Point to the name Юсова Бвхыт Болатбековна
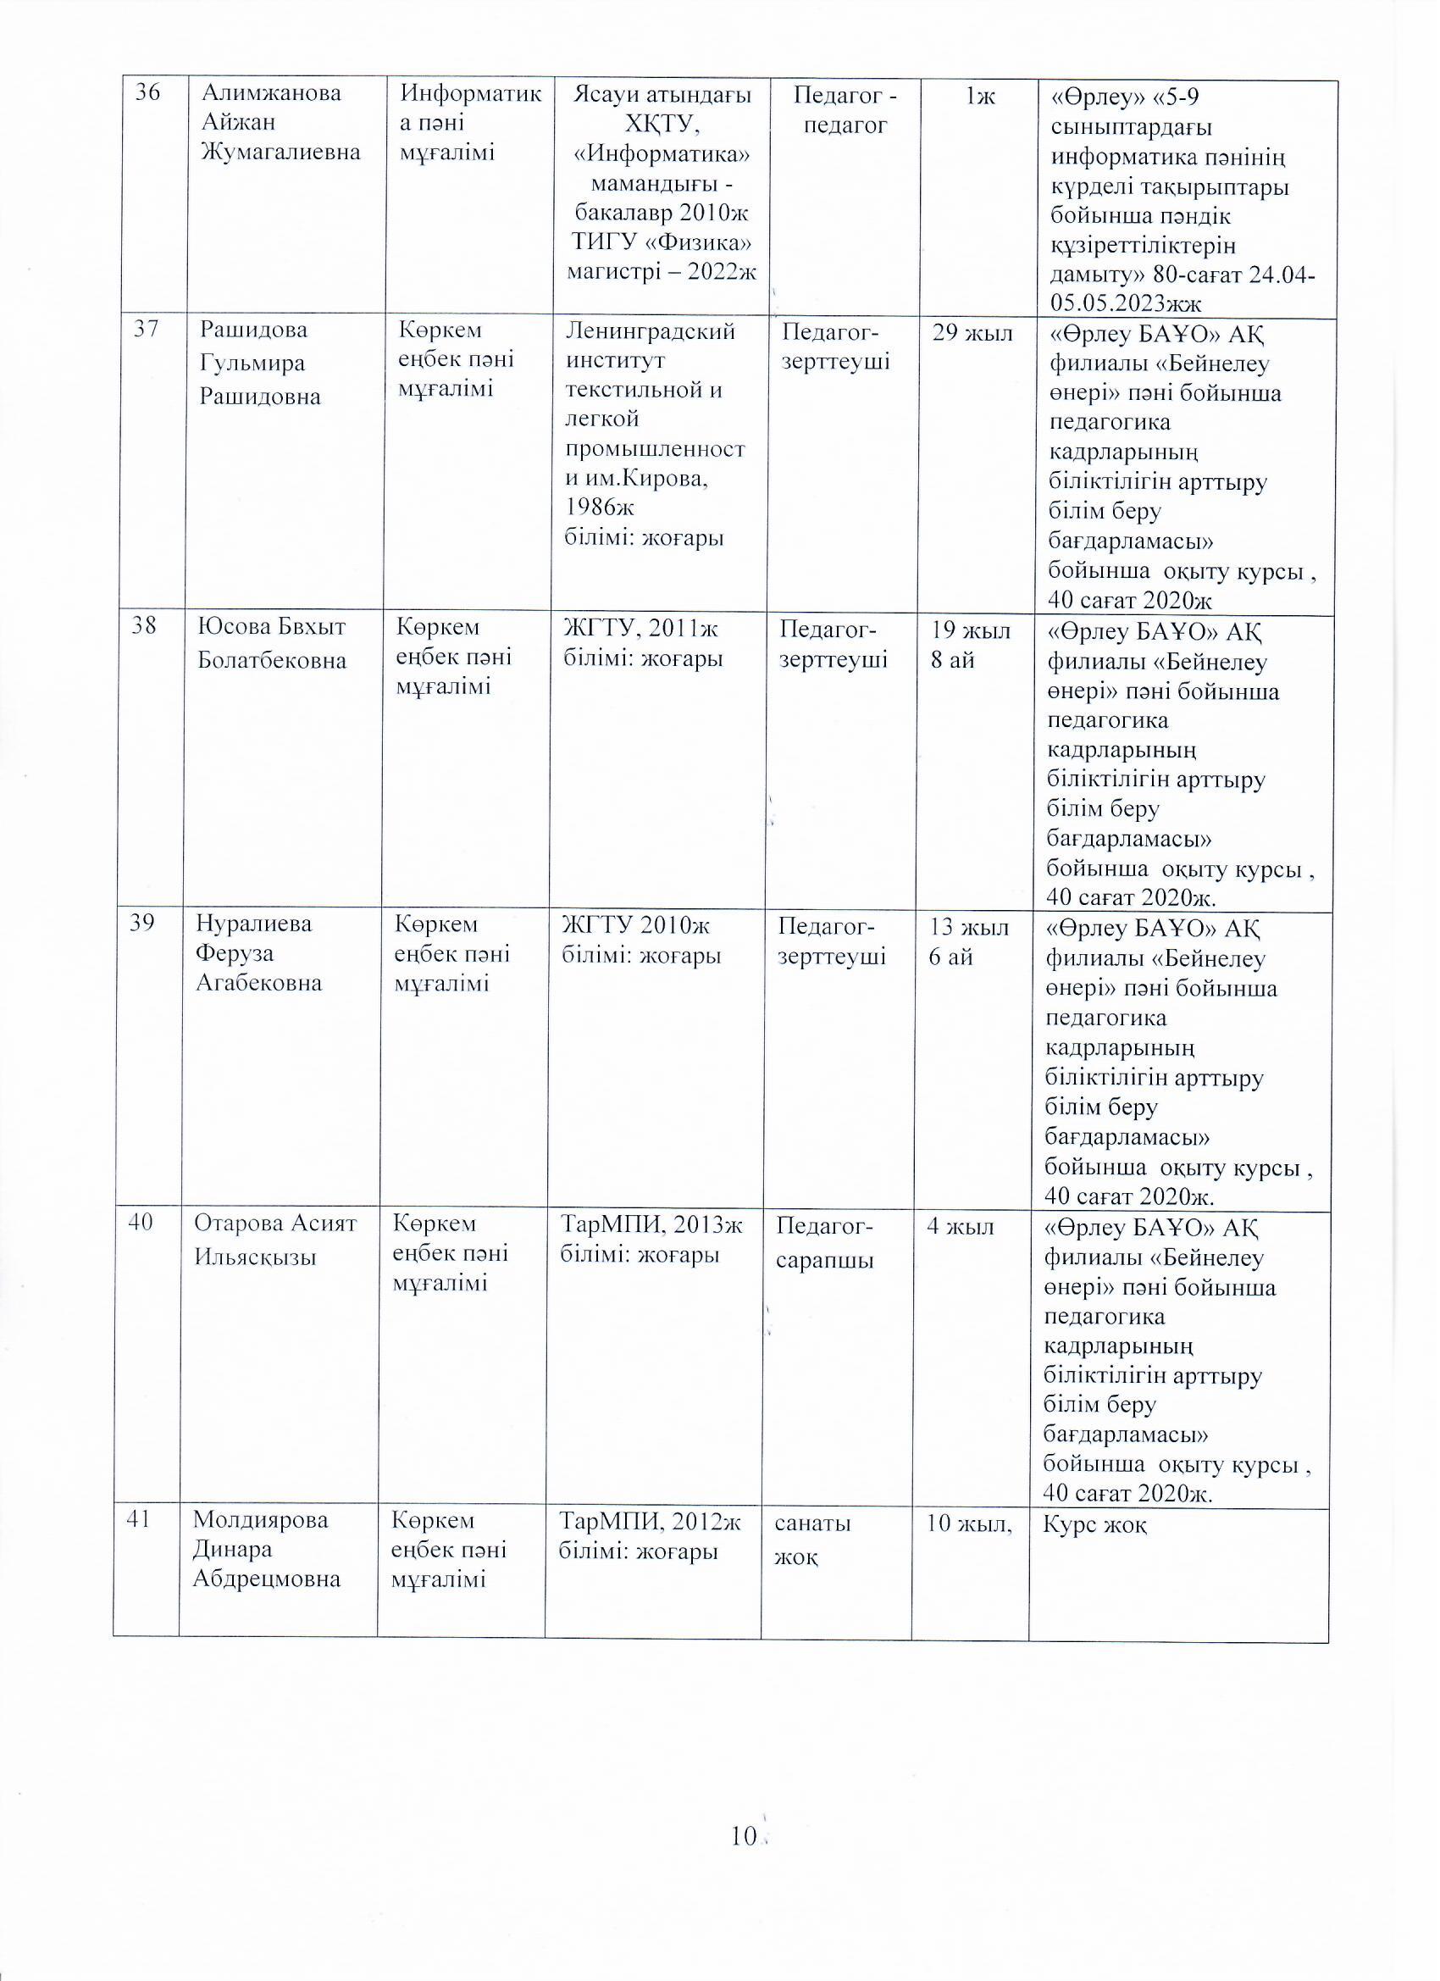(272, 644)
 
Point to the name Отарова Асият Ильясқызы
(275, 1240)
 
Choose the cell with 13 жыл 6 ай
(967, 941)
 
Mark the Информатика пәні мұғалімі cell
(468, 123)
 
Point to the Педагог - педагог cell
(845, 108)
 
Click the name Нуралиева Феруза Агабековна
(258, 953)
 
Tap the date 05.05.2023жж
(1126, 303)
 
